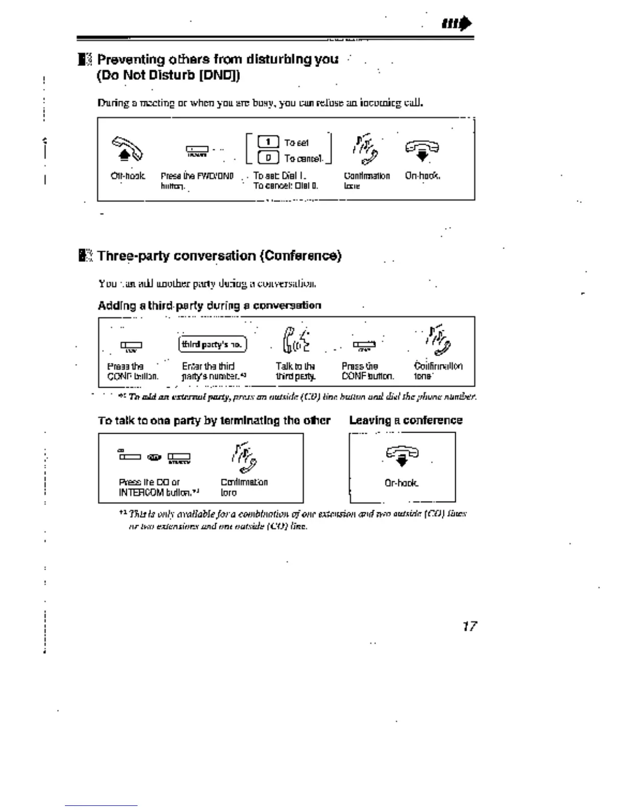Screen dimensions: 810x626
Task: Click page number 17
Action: coord(469,626)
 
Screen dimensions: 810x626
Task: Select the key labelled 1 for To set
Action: coord(268,142)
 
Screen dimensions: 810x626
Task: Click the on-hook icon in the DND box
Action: coord(422,150)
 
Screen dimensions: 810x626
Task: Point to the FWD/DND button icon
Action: coord(197,150)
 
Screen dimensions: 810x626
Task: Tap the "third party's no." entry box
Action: coord(212,344)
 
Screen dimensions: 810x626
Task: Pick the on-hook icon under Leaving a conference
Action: coord(402,455)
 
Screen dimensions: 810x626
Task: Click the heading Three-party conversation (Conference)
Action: coord(219,256)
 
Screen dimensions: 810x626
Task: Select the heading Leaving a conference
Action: coord(406,420)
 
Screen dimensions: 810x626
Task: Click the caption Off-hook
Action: coord(128,176)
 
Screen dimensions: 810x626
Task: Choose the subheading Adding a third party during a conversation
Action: coord(209,305)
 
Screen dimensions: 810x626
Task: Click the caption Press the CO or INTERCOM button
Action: coord(159,487)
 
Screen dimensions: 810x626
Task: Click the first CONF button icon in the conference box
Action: coord(131,346)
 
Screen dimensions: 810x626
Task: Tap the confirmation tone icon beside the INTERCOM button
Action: coord(244,457)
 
